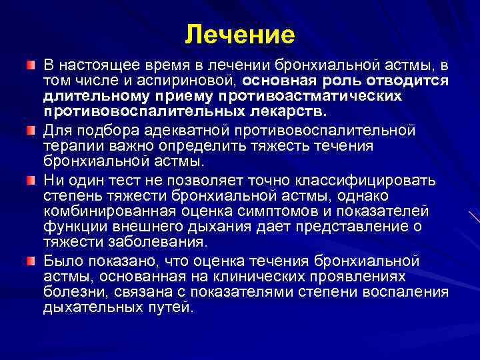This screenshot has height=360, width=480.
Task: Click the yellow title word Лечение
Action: point(239,34)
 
